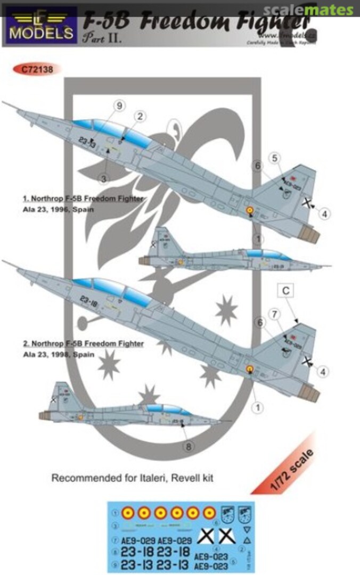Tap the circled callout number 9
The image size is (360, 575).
[x=119, y=106]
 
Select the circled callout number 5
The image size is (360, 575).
[x=274, y=158]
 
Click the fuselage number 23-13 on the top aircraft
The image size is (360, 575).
[x=87, y=142]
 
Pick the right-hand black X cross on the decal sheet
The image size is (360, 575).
[x=227, y=537]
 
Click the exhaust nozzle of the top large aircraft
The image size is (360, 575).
[x=308, y=234]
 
